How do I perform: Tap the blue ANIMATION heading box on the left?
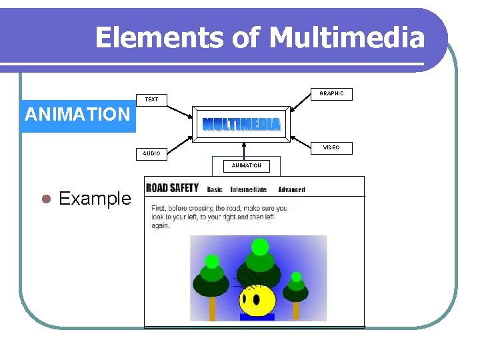(x=77, y=114)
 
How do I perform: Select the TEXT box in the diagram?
(x=152, y=99)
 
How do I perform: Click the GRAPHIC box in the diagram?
(x=331, y=94)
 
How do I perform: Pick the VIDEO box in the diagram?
(x=331, y=147)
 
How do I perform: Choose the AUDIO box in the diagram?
(x=151, y=153)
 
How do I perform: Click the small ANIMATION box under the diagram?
(x=246, y=165)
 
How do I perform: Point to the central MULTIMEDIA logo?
(x=241, y=125)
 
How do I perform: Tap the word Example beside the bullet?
(x=95, y=199)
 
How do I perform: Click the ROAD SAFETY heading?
(x=173, y=188)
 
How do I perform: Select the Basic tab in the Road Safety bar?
(x=215, y=189)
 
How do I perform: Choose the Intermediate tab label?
(x=248, y=189)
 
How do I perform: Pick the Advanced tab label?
(x=291, y=189)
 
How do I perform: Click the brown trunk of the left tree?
(x=213, y=308)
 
